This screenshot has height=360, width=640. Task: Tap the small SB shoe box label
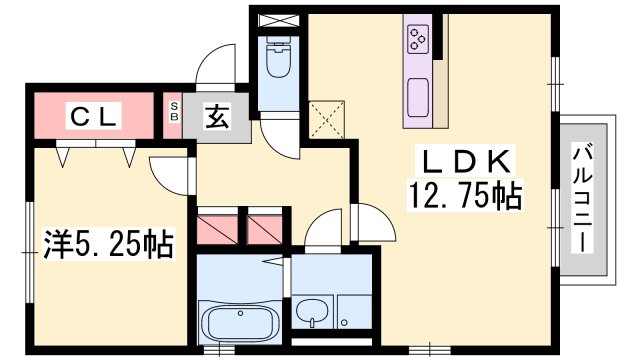click(174, 111)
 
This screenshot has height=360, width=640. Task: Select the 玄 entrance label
click(218, 117)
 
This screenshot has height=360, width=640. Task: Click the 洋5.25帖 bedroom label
click(109, 244)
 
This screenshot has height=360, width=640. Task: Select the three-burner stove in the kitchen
click(418, 39)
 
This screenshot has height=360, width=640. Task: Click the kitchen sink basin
click(418, 97)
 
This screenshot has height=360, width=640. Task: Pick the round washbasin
click(312, 311)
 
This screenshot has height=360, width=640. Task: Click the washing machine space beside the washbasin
click(354, 312)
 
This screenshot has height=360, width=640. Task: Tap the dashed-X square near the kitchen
click(327, 119)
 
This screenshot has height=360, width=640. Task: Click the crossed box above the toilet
click(279, 21)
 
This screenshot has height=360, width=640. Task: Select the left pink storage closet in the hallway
click(217, 230)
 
